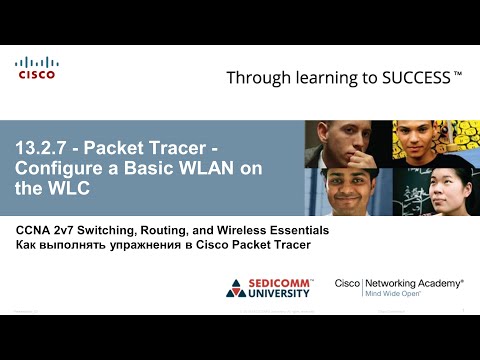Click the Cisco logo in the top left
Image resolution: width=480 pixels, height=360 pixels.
(x=36, y=68)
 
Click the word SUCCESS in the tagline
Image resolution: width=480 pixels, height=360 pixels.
(x=411, y=77)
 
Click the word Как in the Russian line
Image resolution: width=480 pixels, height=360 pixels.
(x=27, y=246)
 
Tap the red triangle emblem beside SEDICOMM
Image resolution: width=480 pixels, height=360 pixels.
(x=237, y=290)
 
